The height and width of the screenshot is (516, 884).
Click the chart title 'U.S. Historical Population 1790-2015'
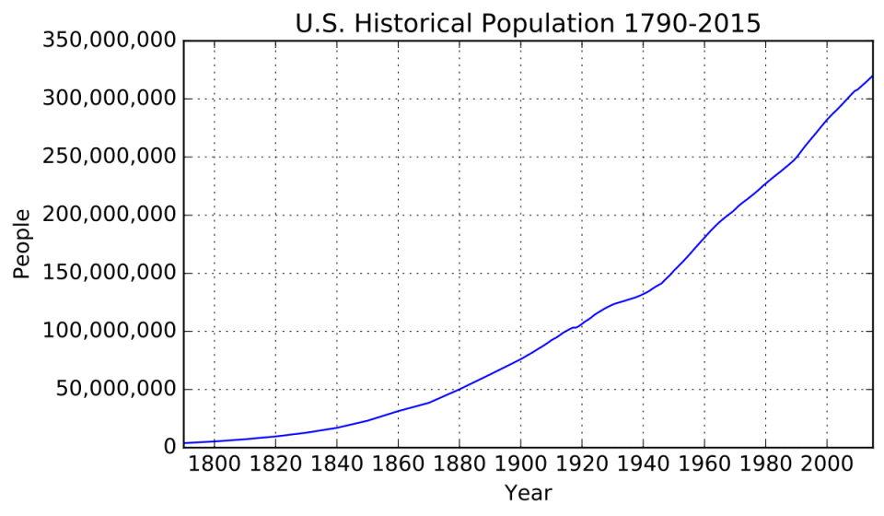coord(528,23)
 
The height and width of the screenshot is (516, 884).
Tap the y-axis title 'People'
coord(22,244)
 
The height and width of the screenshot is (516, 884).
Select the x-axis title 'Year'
coord(528,493)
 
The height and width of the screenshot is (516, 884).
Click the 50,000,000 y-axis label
coord(110,390)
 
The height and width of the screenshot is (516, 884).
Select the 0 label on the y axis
coord(169,448)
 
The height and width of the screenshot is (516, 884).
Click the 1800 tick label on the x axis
coord(214,465)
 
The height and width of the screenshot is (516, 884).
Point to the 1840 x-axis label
coord(336,465)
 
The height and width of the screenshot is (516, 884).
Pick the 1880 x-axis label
coord(459,465)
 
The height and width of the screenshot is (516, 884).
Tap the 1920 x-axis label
coord(581,465)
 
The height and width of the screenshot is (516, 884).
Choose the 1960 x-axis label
coord(704,465)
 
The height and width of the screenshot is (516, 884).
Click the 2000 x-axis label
coord(826,465)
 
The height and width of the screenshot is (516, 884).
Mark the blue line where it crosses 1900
coord(520,358)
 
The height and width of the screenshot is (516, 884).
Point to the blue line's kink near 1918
coord(576,327)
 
